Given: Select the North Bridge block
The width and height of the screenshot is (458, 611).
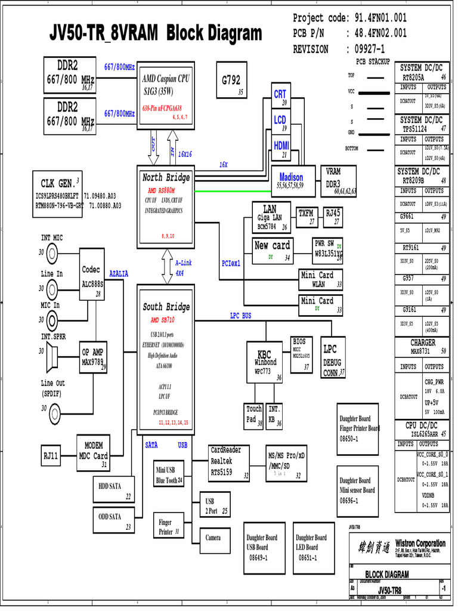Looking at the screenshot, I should [166, 206].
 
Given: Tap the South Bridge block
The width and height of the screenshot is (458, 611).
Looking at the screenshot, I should [166, 358].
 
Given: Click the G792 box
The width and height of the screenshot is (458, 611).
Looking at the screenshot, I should [231, 84].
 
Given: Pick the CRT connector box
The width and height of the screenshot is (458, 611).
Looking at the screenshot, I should [280, 97].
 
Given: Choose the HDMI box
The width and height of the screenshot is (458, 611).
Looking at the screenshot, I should [281, 148].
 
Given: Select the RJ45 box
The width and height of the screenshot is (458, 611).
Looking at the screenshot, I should [333, 216].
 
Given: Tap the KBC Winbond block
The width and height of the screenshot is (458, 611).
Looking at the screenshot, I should [265, 362].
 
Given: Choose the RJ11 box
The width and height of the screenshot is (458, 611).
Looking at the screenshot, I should [51, 456].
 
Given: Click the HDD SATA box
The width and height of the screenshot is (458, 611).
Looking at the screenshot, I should [114, 490].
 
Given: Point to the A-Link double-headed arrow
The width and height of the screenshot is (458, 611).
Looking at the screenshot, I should [166, 267].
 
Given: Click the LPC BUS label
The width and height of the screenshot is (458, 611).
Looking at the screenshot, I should [240, 316].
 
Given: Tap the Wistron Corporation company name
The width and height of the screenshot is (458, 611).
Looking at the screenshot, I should [420, 543].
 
